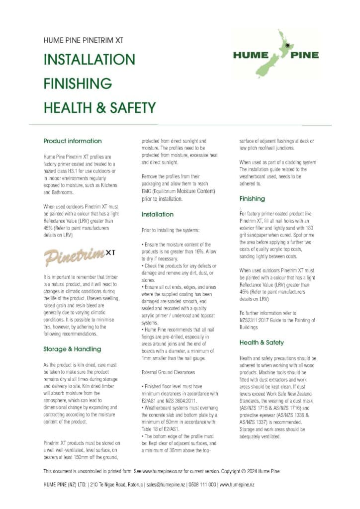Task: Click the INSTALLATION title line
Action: pyautogui.click(x=89, y=60)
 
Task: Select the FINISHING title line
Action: pyautogui.click(x=77, y=83)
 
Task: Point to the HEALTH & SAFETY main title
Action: pyautogui.click(x=99, y=107)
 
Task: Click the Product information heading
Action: pyautogui.click(x=73, y=141)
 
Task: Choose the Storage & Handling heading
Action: pyautogui.click(x=72, y=349)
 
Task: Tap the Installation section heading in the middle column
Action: pyautogui.click(x=158, y=215)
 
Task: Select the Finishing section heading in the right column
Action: pyautogui.click(x=252, y=199)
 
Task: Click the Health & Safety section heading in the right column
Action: pyautogui.click(x=262, y=342)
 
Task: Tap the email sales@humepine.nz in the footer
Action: pyautogui.click(x=171, y=484)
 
